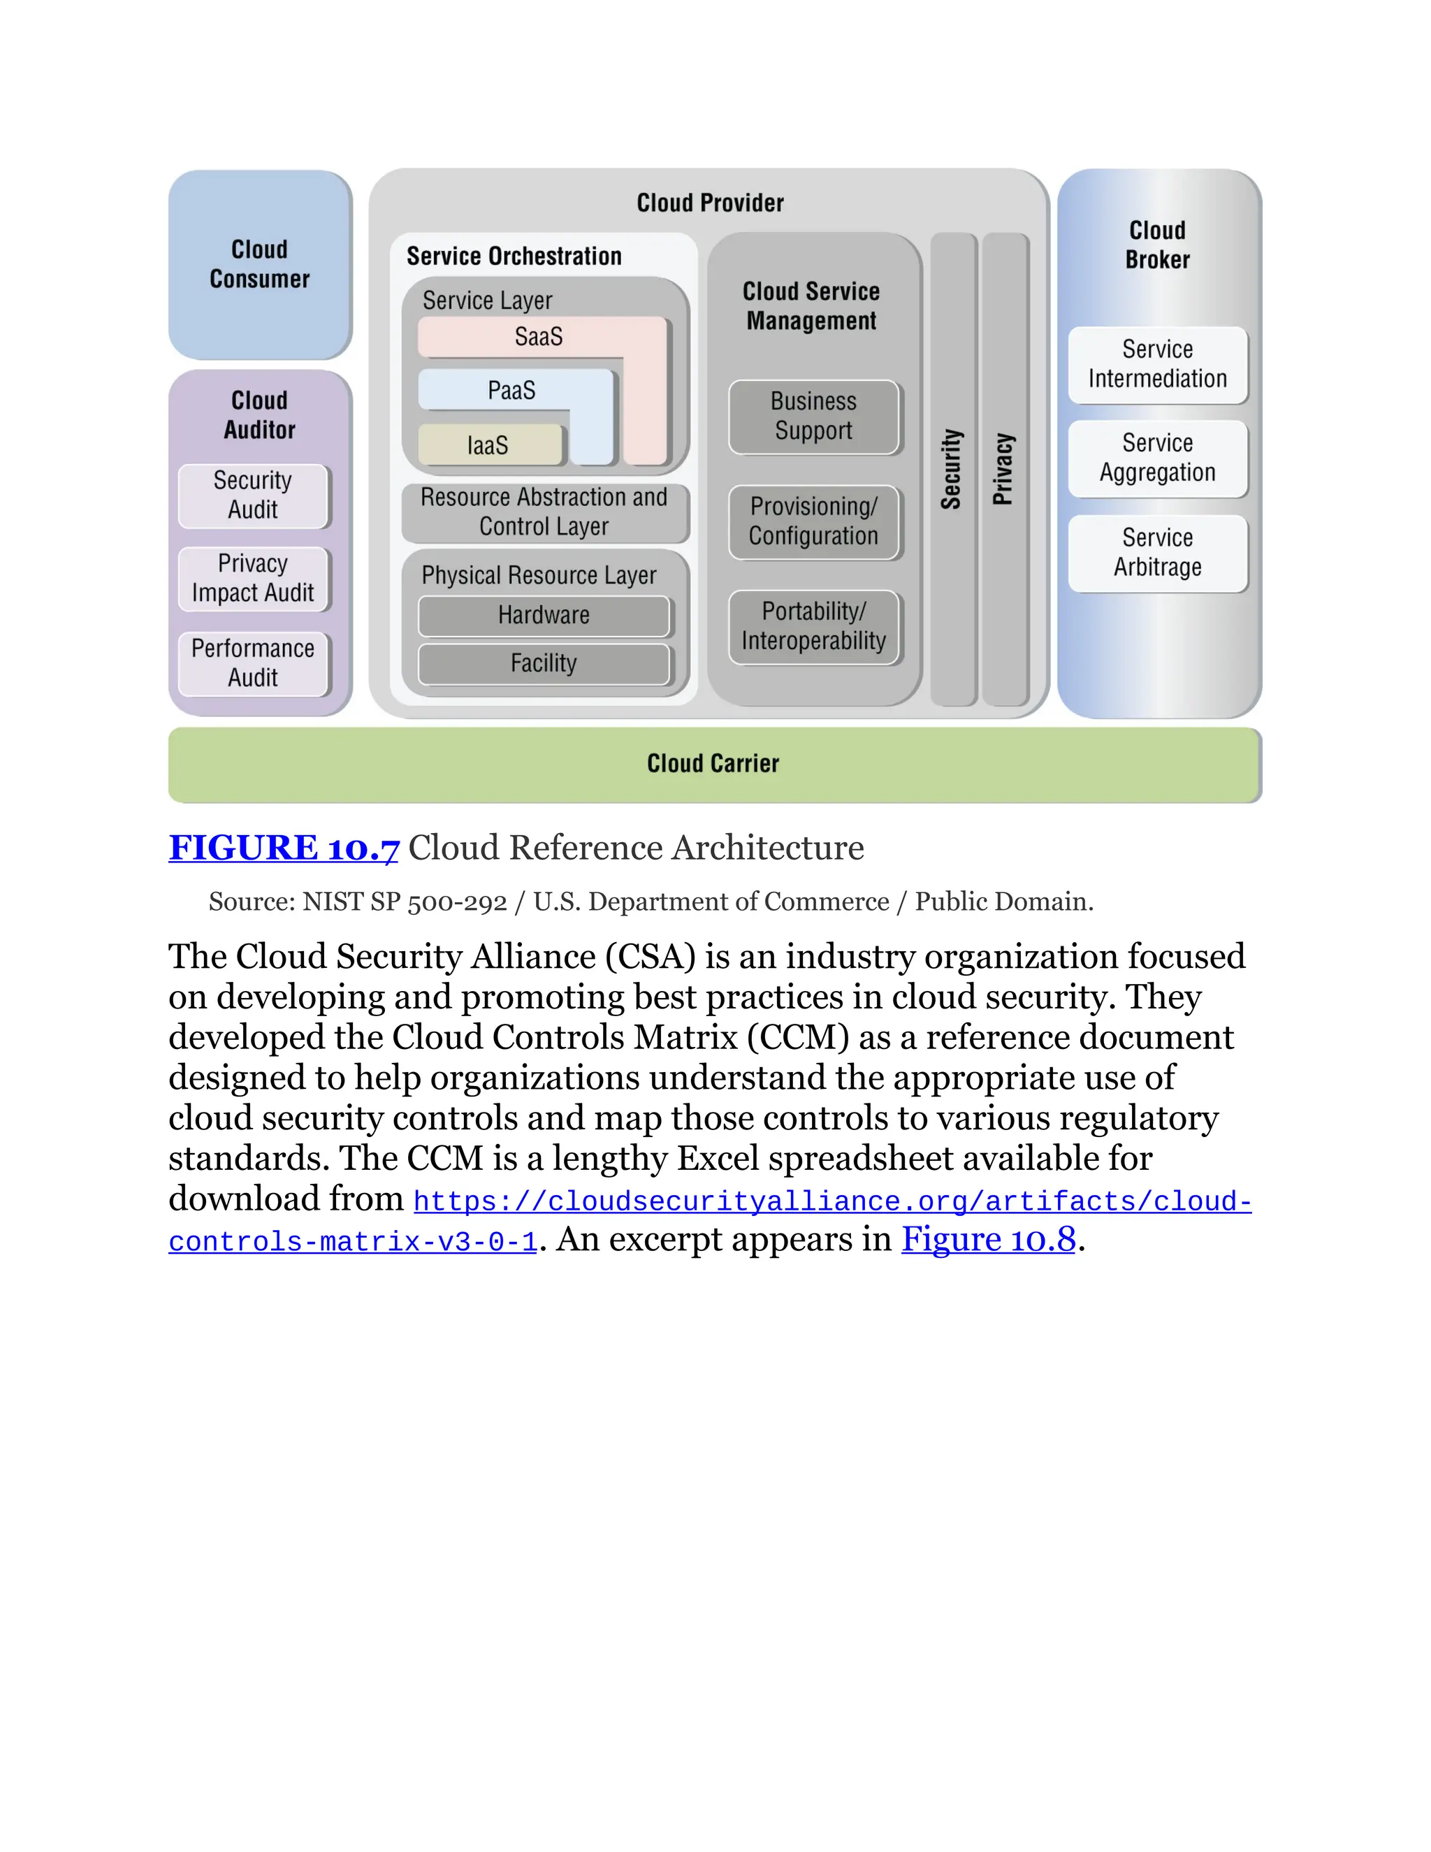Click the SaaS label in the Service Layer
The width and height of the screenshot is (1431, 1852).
538,337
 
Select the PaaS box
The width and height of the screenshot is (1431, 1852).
512,391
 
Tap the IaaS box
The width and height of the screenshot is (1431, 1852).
488,445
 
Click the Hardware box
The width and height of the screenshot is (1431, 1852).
544,616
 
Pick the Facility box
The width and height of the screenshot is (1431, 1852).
544,663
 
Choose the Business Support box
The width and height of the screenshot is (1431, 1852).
813,417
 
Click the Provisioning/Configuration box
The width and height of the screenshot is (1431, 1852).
813,521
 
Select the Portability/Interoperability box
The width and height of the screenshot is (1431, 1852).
813,627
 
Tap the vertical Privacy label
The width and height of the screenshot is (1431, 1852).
1004,469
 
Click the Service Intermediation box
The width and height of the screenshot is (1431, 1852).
1157,365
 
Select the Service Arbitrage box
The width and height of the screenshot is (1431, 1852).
1157,553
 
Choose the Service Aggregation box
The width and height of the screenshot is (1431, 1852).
1157,458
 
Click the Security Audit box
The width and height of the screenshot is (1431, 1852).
253,495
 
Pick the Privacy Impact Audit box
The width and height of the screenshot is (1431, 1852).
253,579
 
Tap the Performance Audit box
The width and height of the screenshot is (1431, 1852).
253,663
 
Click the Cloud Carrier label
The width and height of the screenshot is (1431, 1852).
713,764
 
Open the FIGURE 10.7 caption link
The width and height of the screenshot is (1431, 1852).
283,848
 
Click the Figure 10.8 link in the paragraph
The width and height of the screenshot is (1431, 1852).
989,1240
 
